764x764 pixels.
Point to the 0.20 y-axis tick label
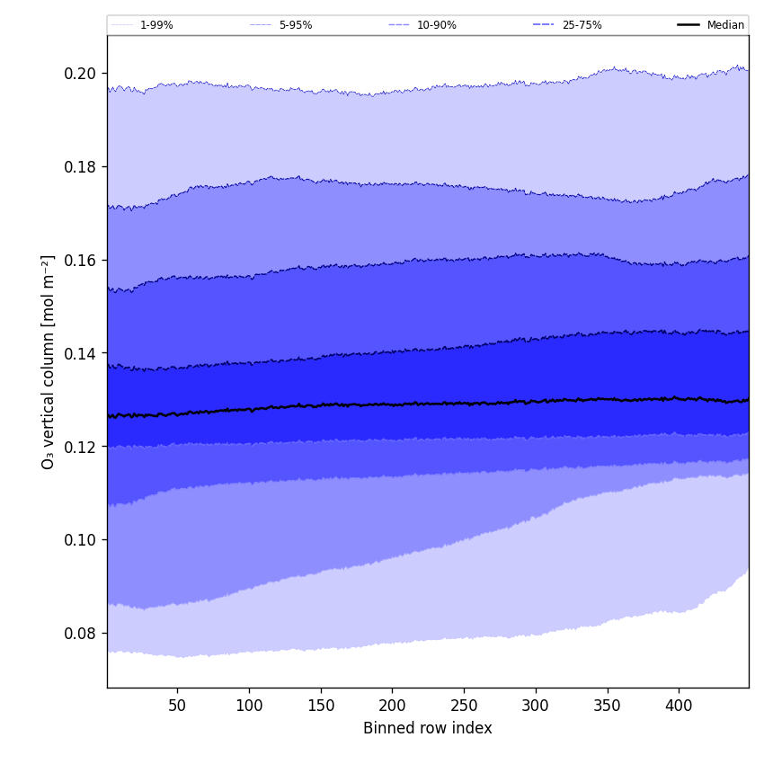[81, 73]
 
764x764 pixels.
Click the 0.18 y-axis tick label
[81, 166]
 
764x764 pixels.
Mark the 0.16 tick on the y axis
[81, 260]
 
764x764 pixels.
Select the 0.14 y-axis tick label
[81, 353]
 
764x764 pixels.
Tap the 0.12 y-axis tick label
[81, 447]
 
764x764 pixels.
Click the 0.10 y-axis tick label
[81, 540]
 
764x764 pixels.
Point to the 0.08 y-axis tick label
[81, 634]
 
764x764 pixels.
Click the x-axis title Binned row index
[428, 728]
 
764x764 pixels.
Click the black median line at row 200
[392, 404]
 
